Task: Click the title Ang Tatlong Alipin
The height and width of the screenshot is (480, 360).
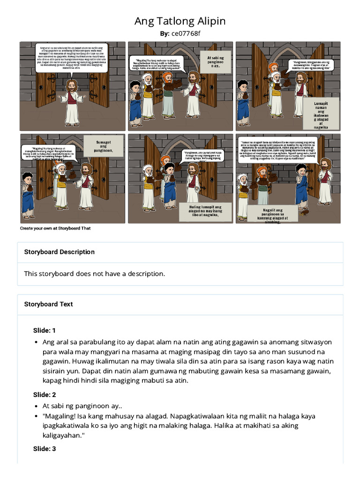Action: pyautogui.click(x=180, y=21)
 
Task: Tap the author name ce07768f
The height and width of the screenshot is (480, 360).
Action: pyautogui.click(x=186, y=33)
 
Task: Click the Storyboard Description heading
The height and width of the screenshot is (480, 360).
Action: pyautogui.click(x=60, y=252)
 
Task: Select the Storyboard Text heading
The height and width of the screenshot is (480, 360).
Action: pyautogui.click(x=48, y=304)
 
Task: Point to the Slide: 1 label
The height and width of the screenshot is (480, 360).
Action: pyautogui.click(x=44, y=330)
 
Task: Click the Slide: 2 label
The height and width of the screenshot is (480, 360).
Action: pyautogui.click(x=44, y=395)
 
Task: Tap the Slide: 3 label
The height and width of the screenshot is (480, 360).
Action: pyautogui.click(x=44, y=449)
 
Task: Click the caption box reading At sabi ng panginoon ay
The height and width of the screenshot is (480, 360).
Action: pyautogui.click(x=216, y=62)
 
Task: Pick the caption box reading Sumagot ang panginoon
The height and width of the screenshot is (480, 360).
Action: pyautogui.click(x=103, y=146)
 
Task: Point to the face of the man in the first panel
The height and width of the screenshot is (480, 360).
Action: pyautogui.click(x=72, y=85)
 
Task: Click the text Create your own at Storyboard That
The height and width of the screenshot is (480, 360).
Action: pyautogui.click(x=55, y=228)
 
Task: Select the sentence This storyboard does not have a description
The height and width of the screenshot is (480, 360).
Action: pyautogui.click(x=95, y=274)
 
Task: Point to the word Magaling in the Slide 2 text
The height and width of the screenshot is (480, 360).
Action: pyautogui.click(x=60, y=416)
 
